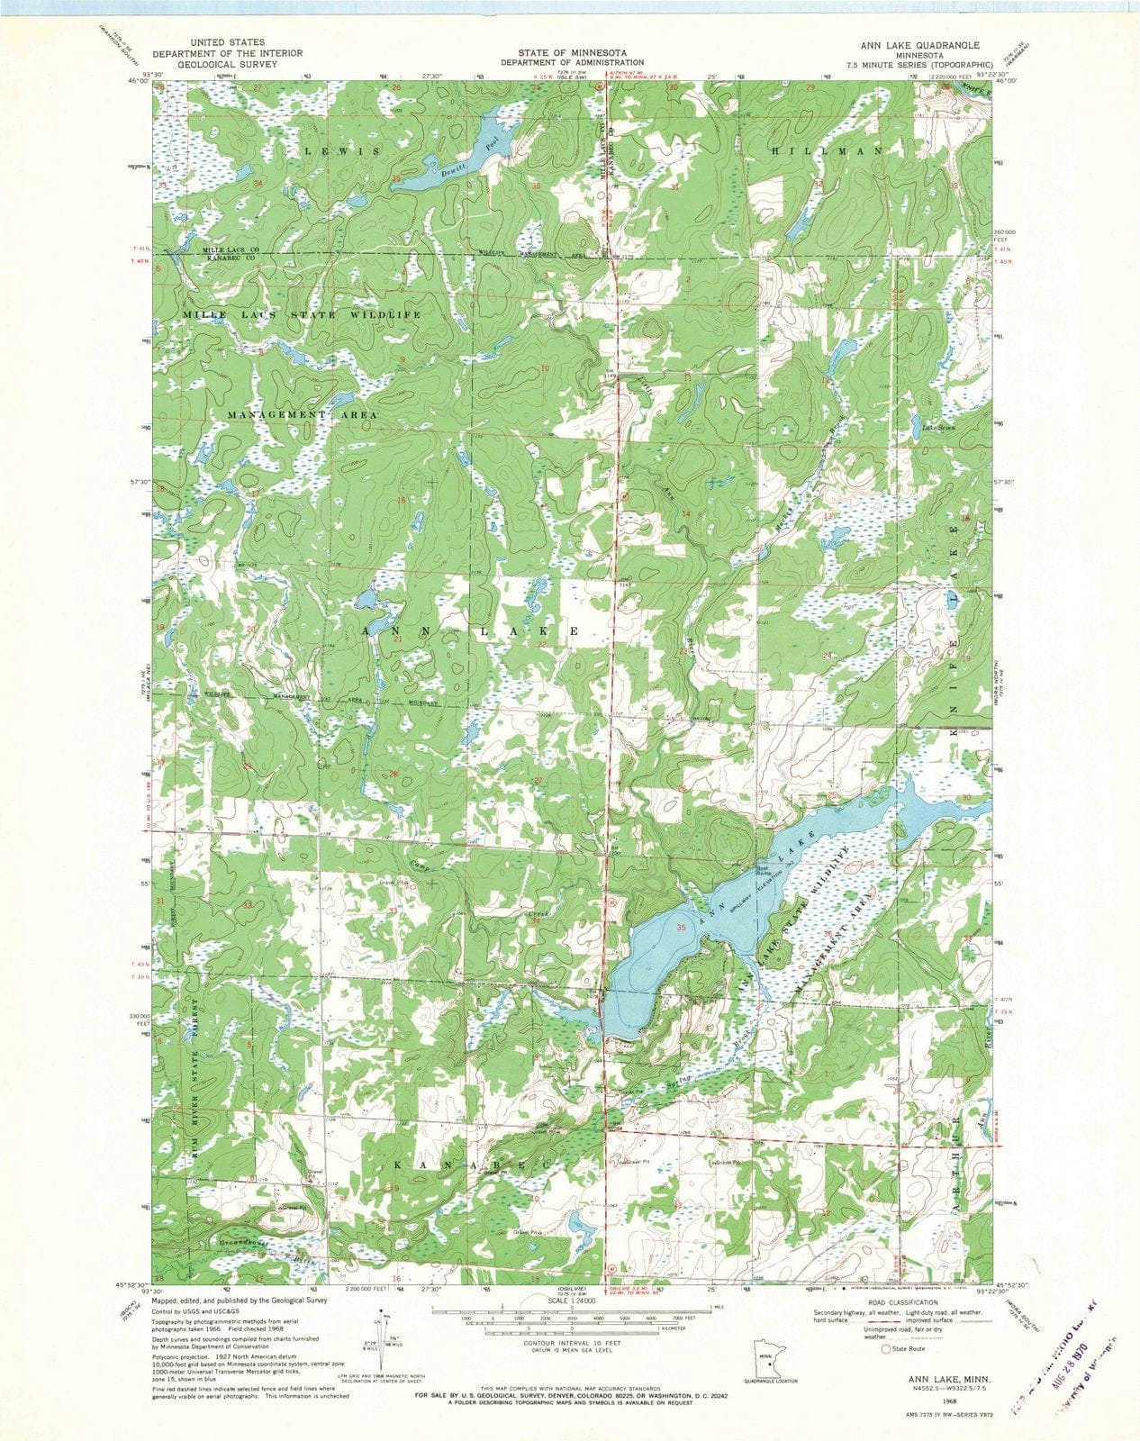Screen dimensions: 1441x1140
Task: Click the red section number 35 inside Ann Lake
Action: click(x=681, y=927)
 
